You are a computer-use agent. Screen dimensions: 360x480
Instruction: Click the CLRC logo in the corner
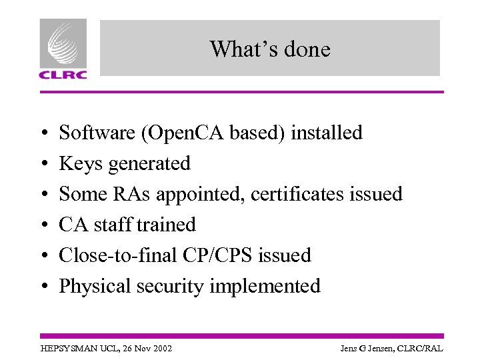click(x=63, y=49)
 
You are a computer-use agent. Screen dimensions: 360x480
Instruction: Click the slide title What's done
click(x=269, y=49)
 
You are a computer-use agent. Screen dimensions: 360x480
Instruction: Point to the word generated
click(x=149, y=163)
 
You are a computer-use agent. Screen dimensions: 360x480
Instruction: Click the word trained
click(x=167, y=225)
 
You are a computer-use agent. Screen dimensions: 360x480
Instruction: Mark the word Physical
click(x=95, y=286)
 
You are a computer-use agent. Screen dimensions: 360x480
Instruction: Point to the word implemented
click(x=265, y=286)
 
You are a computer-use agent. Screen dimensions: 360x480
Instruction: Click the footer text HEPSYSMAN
click(x=66, y=349)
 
